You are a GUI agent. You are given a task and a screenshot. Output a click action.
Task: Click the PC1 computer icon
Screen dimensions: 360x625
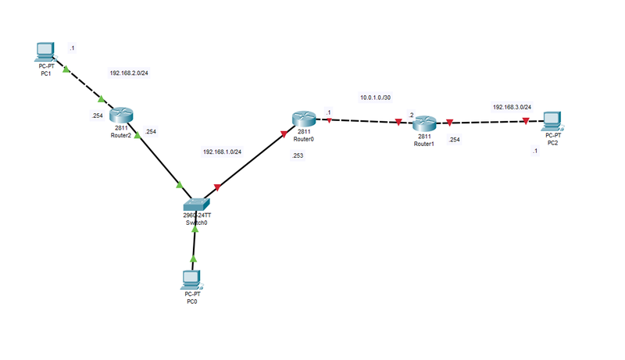point(46,52)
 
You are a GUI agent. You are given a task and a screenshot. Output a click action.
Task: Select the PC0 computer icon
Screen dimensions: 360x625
point(190,279)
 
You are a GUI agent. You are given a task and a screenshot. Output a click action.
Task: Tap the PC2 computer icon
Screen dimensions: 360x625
point(553,120)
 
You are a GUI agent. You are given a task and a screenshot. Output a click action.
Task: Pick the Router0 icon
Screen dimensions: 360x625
point(304,118)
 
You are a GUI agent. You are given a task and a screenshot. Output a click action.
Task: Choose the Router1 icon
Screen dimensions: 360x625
point(424,123)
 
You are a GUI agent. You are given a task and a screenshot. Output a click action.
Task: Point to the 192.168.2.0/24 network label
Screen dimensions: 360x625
point(129,73)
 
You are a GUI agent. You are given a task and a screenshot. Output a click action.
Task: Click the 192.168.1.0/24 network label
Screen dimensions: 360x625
point(222,151)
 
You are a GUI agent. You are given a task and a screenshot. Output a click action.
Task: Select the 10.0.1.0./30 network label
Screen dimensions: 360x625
point(375,98)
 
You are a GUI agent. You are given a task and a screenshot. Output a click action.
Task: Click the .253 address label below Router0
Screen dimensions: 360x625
point(298,156)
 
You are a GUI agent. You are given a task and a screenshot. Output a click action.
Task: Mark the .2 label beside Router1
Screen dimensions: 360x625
point(411,115)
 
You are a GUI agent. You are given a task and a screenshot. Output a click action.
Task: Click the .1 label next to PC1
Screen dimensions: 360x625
point(72,48)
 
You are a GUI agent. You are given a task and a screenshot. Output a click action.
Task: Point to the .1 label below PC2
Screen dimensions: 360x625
point(534,151)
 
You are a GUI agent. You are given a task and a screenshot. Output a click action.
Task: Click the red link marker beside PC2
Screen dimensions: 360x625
point(526,121)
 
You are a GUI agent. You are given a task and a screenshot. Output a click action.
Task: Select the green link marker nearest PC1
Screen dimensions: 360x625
point(66,71)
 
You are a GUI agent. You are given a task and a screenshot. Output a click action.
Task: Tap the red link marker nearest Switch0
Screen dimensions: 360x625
point(217,187)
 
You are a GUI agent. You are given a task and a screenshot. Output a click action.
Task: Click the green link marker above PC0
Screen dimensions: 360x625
point(193,258)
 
